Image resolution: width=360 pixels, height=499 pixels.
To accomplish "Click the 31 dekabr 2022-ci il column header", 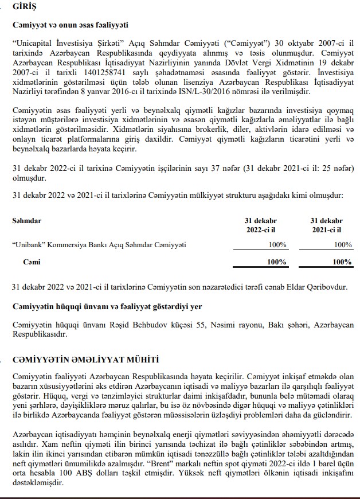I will [260, 225].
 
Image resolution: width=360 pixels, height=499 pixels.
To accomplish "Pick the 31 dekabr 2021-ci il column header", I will [326, 225].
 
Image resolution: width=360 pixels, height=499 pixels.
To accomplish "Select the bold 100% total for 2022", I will [277, 262].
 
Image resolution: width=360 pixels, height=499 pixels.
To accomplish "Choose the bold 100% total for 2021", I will [342, 262].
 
